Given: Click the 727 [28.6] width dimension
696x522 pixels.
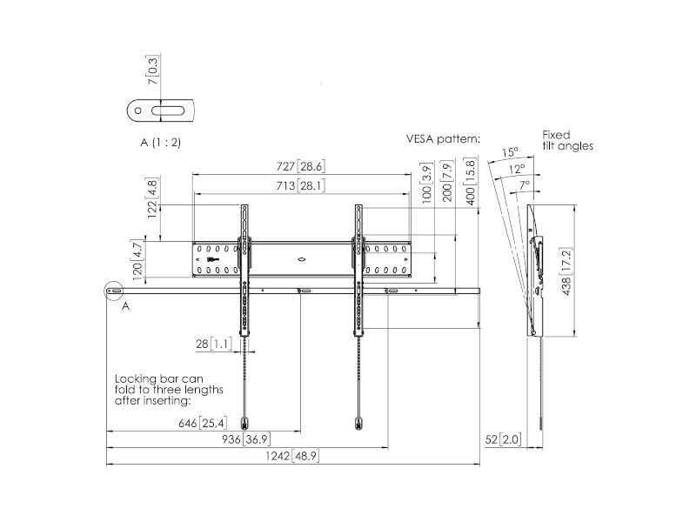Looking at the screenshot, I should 300,166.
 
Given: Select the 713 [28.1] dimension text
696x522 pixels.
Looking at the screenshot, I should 300,185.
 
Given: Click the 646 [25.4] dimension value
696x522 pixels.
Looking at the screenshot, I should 203,424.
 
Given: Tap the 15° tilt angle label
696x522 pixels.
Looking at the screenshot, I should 511,153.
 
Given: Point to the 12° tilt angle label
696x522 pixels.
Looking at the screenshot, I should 517,169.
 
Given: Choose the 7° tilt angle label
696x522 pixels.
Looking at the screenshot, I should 525,184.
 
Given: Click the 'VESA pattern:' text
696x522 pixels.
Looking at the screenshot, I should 443,138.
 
